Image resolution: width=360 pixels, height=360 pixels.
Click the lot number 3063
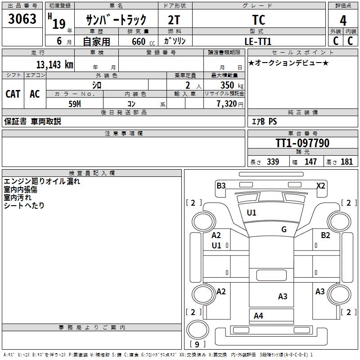pos(22,18)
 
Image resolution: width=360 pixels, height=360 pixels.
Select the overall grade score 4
pos(343,20)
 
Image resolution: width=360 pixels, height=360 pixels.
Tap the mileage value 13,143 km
pos(54,64)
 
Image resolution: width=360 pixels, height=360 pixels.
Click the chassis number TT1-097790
pos(302,143)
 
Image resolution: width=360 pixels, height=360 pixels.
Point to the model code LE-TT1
pos(258,41)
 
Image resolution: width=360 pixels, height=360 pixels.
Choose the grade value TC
pos(258,20)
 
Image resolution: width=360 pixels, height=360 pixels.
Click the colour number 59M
pos(75,104)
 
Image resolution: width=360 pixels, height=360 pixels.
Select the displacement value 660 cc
pos(143,41)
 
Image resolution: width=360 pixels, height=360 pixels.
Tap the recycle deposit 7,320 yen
pos(230,104)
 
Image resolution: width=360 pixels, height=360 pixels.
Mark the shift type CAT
pos(13,94)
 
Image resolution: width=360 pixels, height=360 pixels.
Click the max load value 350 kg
pos(232,85)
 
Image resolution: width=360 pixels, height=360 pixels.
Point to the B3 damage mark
pos(221,185)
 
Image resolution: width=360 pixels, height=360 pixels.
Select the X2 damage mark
pos(321,185)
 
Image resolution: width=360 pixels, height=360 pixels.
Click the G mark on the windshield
pos(284,229)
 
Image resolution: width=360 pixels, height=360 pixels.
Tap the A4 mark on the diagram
pos(258,316)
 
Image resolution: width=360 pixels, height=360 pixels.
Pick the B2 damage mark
pos(325,235)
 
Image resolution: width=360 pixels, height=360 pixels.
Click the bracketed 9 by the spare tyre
pos(197,344)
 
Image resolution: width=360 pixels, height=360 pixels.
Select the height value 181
pos(346,162)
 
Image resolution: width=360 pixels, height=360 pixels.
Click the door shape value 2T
pos(174,20)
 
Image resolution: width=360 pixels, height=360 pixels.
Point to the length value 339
pos(273,162)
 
